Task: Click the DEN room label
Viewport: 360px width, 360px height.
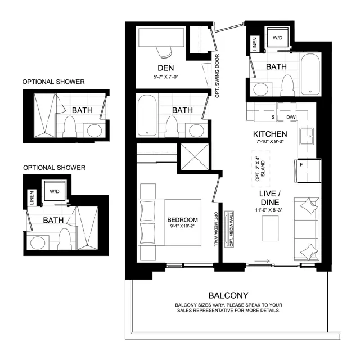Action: coord(165,68)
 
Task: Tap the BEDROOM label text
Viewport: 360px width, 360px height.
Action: coord(182,220)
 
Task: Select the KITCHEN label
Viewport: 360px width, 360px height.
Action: coord(270,134)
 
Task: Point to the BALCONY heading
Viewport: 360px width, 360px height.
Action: coord(228,295)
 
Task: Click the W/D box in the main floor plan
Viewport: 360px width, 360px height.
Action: coord(277,37)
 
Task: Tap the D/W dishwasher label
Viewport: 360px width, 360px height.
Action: coord(291,118)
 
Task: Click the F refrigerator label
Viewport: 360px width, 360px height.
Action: coord(301,165)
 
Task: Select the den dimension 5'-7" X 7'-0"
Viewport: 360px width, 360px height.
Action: coord(166,77)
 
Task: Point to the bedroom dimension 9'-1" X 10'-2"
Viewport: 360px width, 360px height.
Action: coord(182,226)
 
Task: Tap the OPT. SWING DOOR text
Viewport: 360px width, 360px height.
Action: coord(217,76)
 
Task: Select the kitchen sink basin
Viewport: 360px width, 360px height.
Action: coord(307,136)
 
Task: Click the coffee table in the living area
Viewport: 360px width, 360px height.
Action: coord(270,228)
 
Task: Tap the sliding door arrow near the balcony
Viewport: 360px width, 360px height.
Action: coord(262,261)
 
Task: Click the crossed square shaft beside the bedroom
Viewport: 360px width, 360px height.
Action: coord(195,157)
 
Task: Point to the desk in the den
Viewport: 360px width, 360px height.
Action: coord(161,38)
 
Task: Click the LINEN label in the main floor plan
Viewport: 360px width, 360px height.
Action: coord(255,44)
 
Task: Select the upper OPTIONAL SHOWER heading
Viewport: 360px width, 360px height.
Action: coord(53,82)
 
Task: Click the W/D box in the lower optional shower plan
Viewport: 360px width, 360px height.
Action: coord(55,191)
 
